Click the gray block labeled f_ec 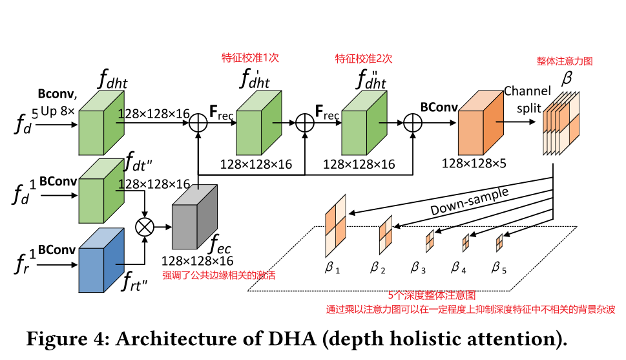click(194, 219)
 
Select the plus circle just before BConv click(412, 122)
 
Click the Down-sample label click(470, 201)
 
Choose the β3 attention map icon click(428, 242)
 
